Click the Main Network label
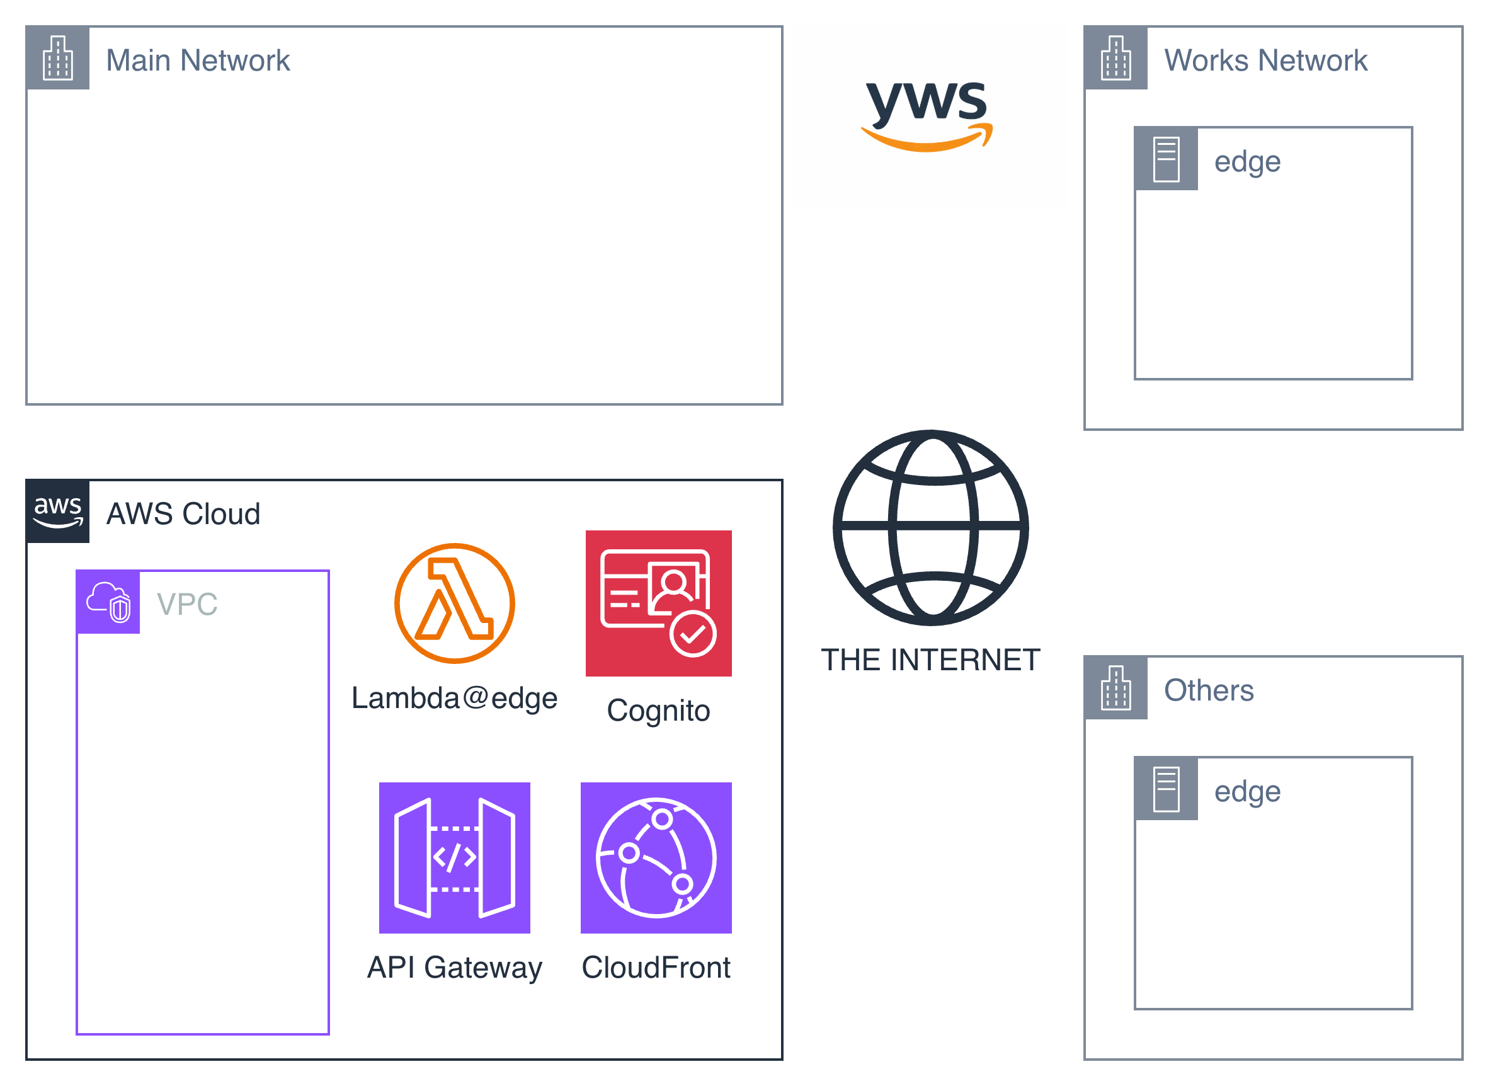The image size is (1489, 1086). tap(197, 60)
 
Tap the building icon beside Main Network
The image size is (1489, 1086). tap(58, 58)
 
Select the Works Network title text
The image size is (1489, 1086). tap(1265, 60)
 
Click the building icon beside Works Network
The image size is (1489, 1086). tap(1115, 58)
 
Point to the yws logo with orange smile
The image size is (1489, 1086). tap(927, 115)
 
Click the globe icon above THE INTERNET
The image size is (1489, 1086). tap(930, 527)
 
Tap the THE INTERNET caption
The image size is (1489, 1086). tap(930, 660)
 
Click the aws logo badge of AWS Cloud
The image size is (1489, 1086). tap(58, 512)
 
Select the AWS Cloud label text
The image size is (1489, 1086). tap(183, 514)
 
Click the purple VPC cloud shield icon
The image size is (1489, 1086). tap(108, 602)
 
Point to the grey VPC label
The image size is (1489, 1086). tap(186, 604)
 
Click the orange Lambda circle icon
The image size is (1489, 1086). tap(454, 603)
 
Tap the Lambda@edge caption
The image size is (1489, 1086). tap(454, 698)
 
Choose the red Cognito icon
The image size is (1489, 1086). tap(658, 603)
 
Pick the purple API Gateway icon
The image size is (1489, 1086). tap(454, 857)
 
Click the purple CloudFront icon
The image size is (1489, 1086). tap(656, 857)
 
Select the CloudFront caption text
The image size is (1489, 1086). tap(656, 968)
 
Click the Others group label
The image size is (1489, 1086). tap(1208, 690)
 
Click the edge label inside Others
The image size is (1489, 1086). tap(1247, 791)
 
